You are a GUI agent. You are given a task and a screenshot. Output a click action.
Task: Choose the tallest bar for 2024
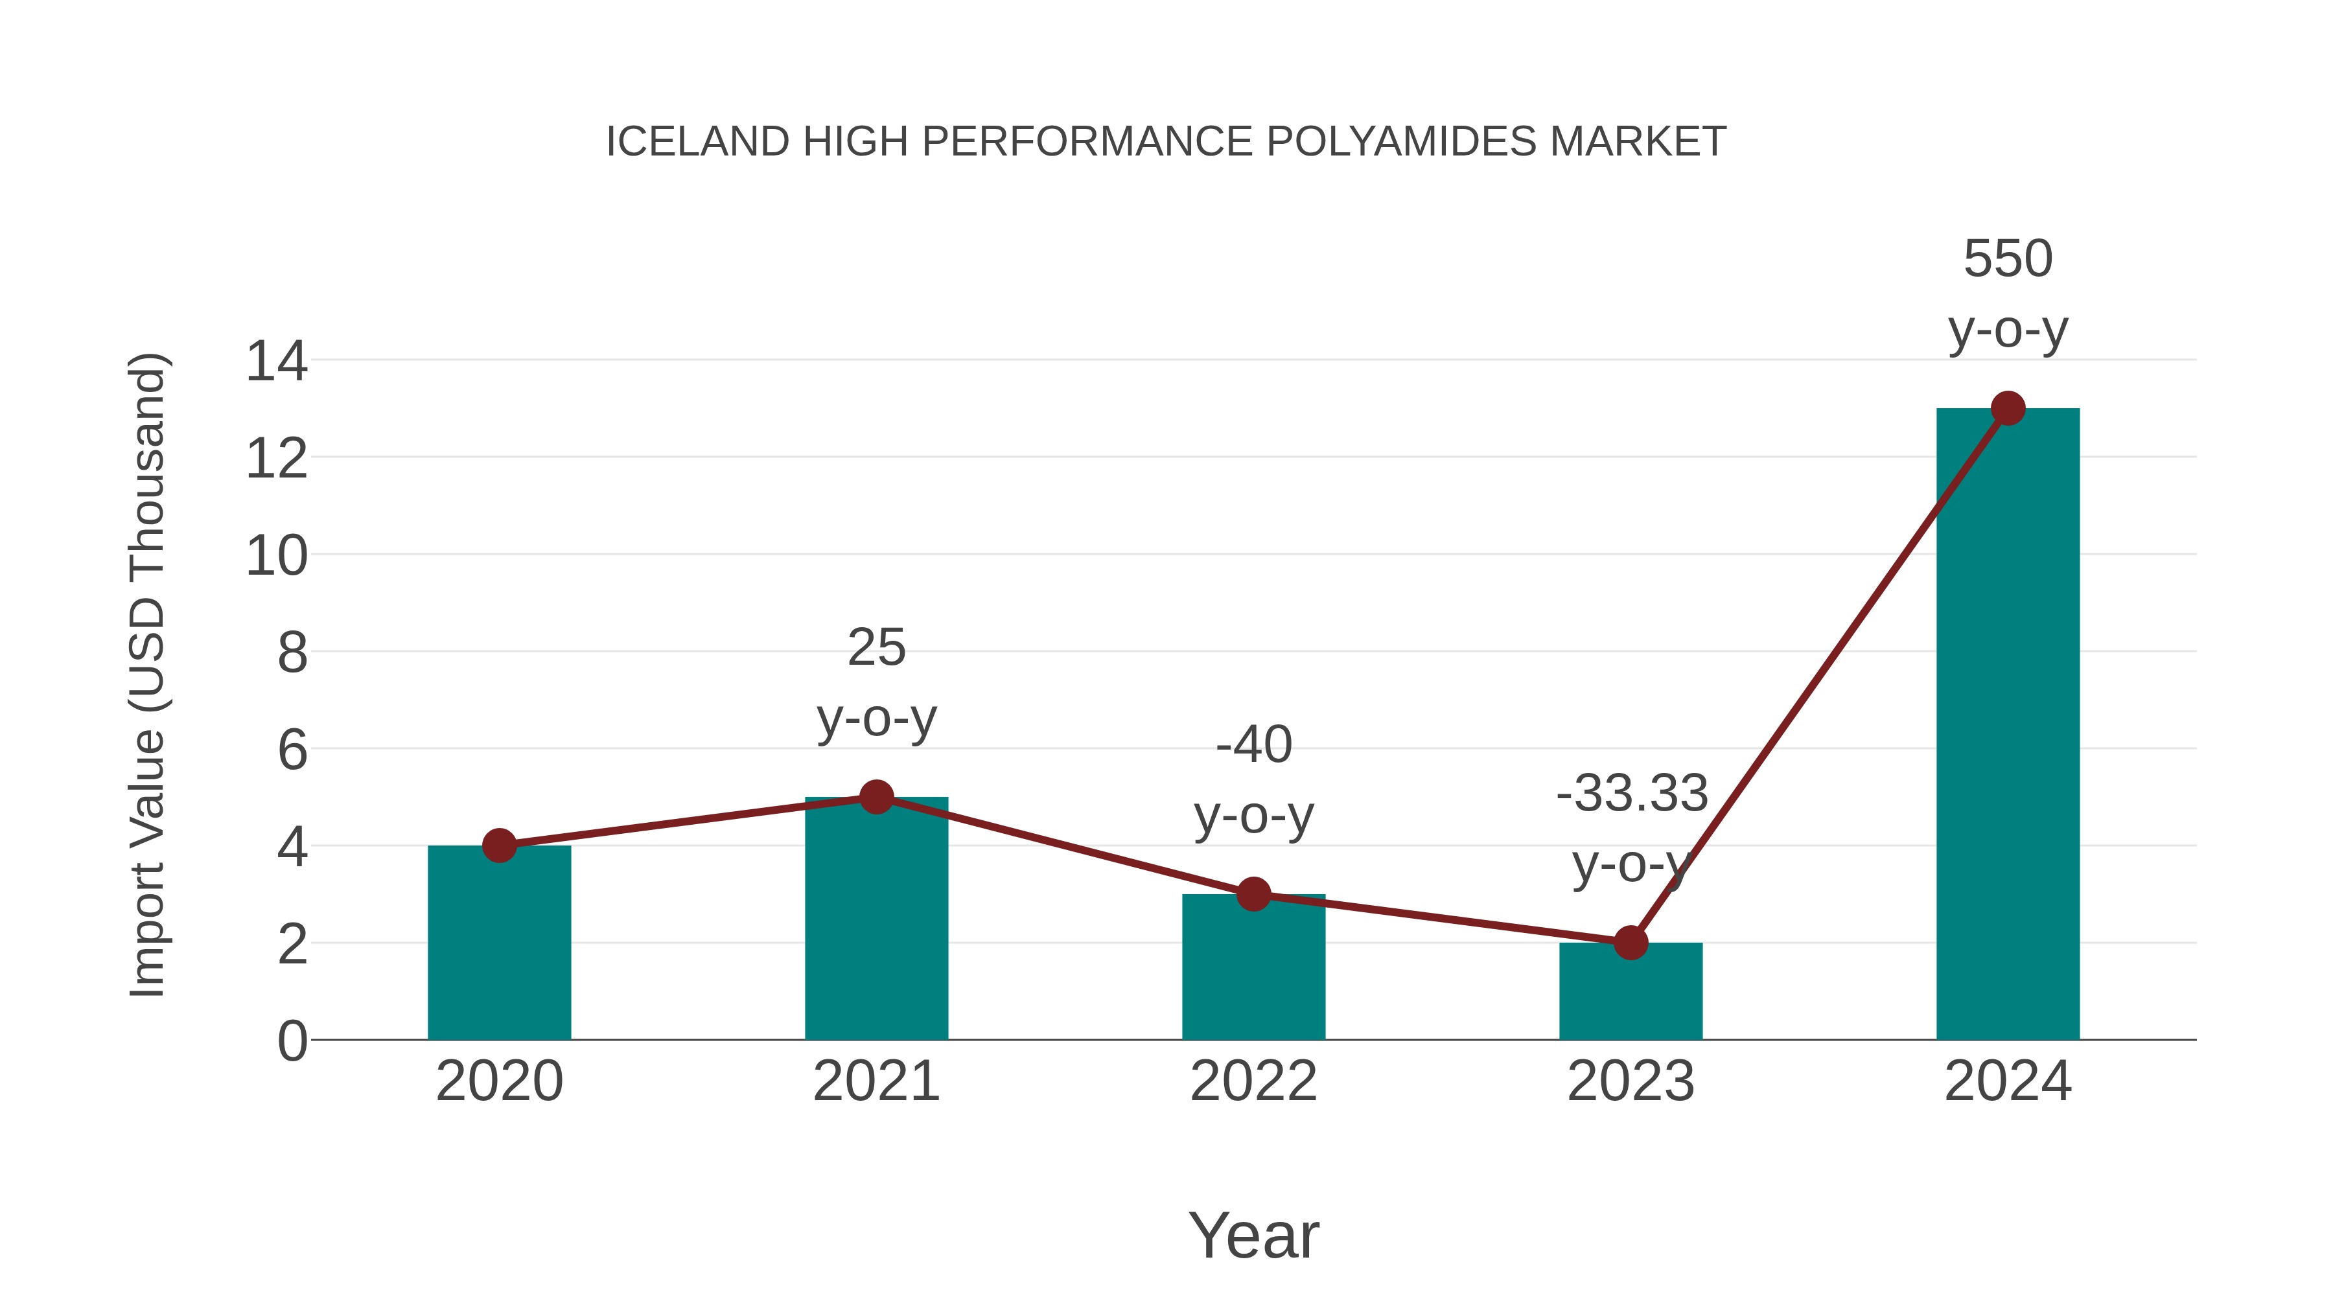(x=2008, y=724)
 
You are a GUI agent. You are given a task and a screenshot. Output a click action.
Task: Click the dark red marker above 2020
(x=499, y=846)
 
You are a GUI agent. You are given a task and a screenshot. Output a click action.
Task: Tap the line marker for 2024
(x=2008, y=408)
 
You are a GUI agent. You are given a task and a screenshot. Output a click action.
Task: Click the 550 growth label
(x=2008, y=260)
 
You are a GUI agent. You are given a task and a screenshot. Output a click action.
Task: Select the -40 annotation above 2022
(x=1253, y=745)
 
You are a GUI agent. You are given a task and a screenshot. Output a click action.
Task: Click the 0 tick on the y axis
(x=292, y=1041)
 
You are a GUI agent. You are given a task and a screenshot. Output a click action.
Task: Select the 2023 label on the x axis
(x=1631, y=1082)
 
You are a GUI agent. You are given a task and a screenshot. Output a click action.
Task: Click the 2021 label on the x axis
(x=876, y=1082)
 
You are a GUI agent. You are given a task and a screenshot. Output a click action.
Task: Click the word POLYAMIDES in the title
(x=1401, y=142)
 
